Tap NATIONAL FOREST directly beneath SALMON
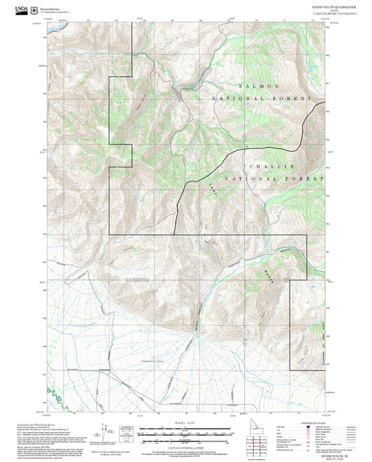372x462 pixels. [x=261, y=99]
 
